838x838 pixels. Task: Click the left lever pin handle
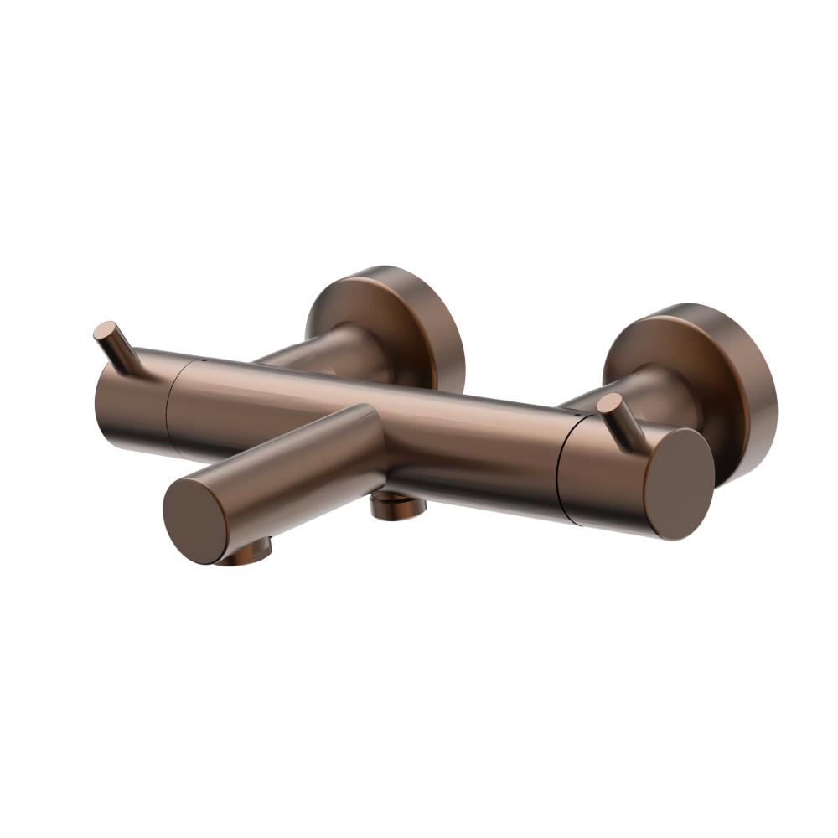(x=117, y=345)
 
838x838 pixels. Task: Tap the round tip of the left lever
(x=105, y=330)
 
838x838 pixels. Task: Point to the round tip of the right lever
(x=610, y=402)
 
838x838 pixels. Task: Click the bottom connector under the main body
(x=396, y=505)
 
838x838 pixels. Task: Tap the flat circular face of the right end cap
(x=679, y=484)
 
